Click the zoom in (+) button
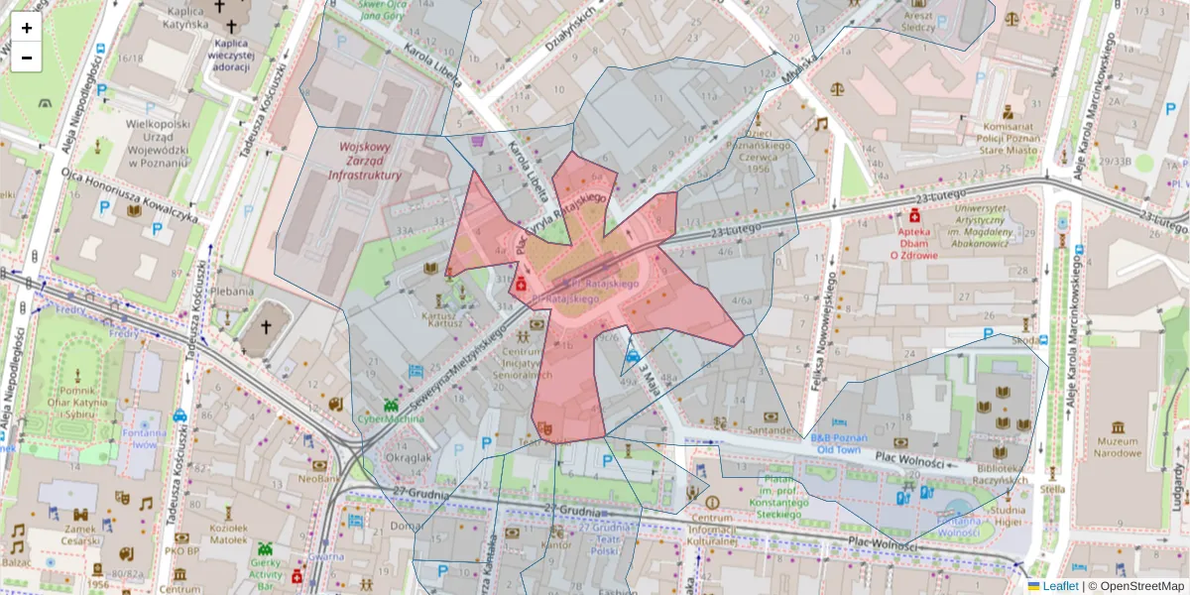coord(27,28)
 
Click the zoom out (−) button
coord(27,58)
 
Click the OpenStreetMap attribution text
coord(1136,586)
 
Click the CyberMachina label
coord(391,418)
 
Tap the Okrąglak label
coord(408,458)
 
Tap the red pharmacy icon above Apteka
coord(913,215)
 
